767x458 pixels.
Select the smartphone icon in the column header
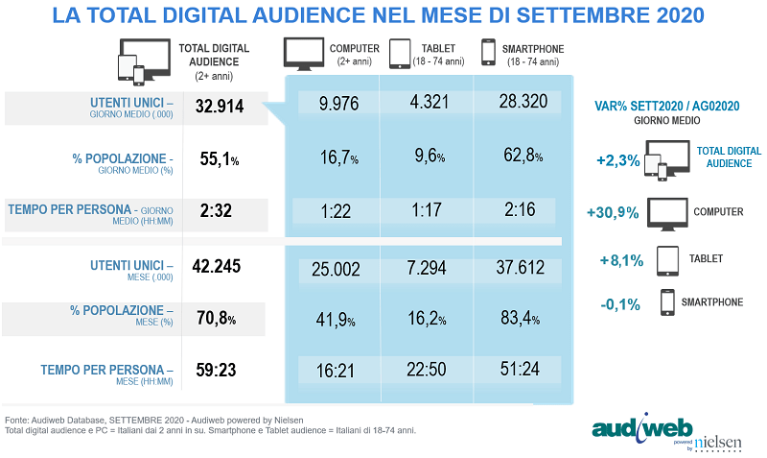pyautogui.click(x=488, y=55)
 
